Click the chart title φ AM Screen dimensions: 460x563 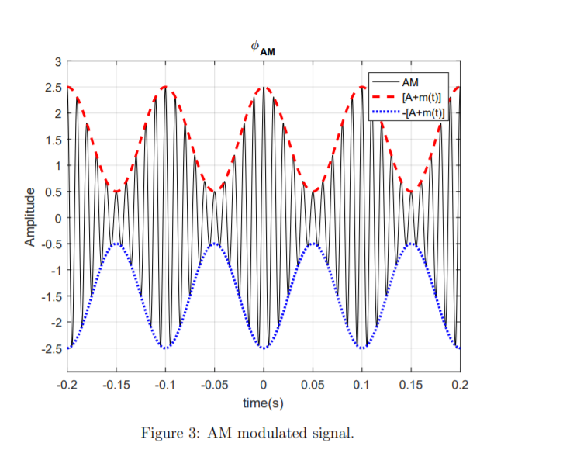[x=263, y=48]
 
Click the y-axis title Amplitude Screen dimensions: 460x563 [x=30, y=217]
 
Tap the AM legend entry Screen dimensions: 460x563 [x=410, y=81]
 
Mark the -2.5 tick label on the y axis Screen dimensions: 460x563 [x=51, y=348]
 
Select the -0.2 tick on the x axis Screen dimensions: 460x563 [x=67, y=385]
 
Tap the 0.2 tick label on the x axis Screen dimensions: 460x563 [x=460, y=385]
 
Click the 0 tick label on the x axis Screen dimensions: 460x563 [x=264, y=385]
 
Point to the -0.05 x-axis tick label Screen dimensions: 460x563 [x=214, y=385]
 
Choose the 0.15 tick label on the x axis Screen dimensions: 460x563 [x=411, y=385]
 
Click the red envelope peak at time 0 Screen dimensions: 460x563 [x=264, y=88]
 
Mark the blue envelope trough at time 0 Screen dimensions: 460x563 [x=264, y=348]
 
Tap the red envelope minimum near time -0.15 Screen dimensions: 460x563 [x=116, y=191]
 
